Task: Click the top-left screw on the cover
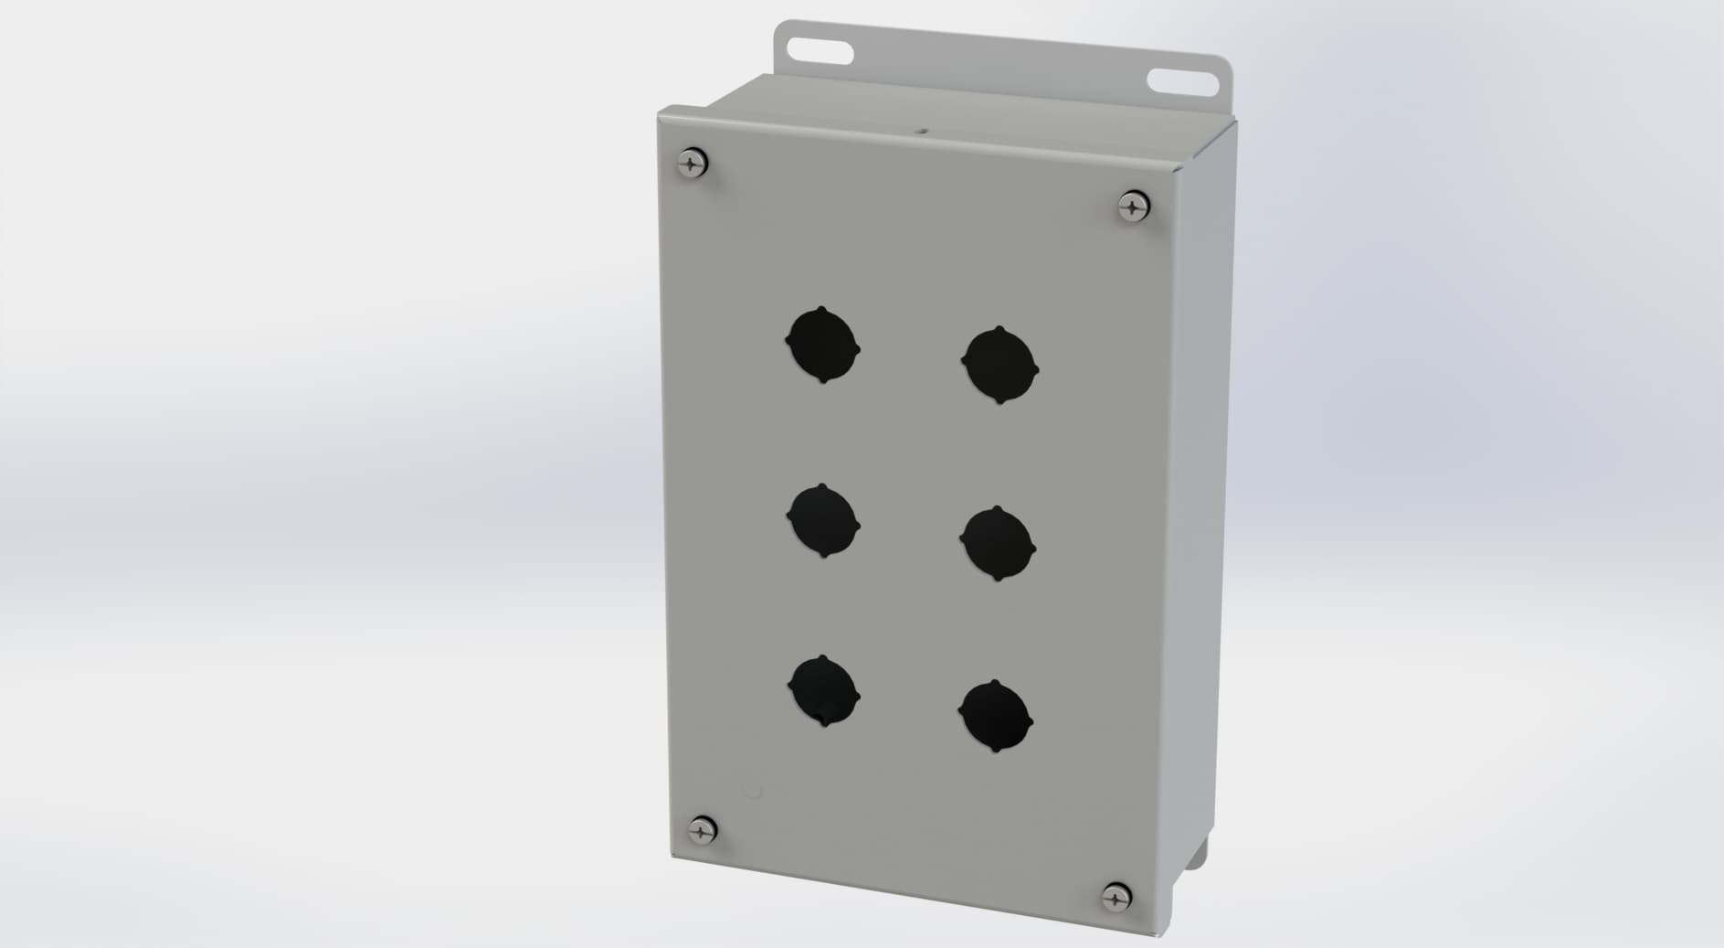point(693,164)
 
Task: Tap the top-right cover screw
point(1133,206)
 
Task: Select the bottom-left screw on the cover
point(702,830)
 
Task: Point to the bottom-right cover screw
point(1116,897)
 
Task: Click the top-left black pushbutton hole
point(822,346)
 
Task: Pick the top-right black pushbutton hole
point(999,365)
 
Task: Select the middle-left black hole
point(822,520)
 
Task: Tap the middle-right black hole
point(998,544)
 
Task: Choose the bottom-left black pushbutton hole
point(824,691)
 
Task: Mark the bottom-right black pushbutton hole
point(996,716)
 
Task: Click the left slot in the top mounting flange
point(819,48)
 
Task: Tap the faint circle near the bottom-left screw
point(752,789)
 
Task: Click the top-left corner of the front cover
point(661,112)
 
